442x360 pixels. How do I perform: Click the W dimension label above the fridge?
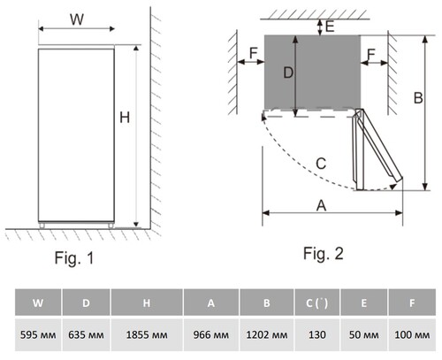(77, 19)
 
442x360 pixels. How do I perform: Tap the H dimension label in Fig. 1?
(125, 118)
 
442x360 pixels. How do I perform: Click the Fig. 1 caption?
(74, 258)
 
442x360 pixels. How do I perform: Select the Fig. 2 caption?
(324, 254)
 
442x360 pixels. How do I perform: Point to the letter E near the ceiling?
(330, 27)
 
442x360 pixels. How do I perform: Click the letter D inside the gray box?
(288, 73)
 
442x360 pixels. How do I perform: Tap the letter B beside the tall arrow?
(418, 98)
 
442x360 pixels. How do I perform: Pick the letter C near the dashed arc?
(321, 164)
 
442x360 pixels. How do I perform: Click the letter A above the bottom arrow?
(321, 205)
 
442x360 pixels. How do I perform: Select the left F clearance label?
(254, 53)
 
